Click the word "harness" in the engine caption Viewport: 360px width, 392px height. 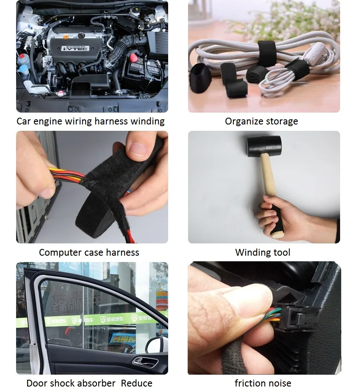coord(111,121)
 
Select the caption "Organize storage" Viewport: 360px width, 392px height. coord(261,121)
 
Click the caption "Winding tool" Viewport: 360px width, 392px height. coord(263,253)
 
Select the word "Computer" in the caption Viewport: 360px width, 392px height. coord(60,253)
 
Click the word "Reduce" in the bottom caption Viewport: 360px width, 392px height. coord(136,384)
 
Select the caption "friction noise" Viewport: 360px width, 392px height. coord(263,384)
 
